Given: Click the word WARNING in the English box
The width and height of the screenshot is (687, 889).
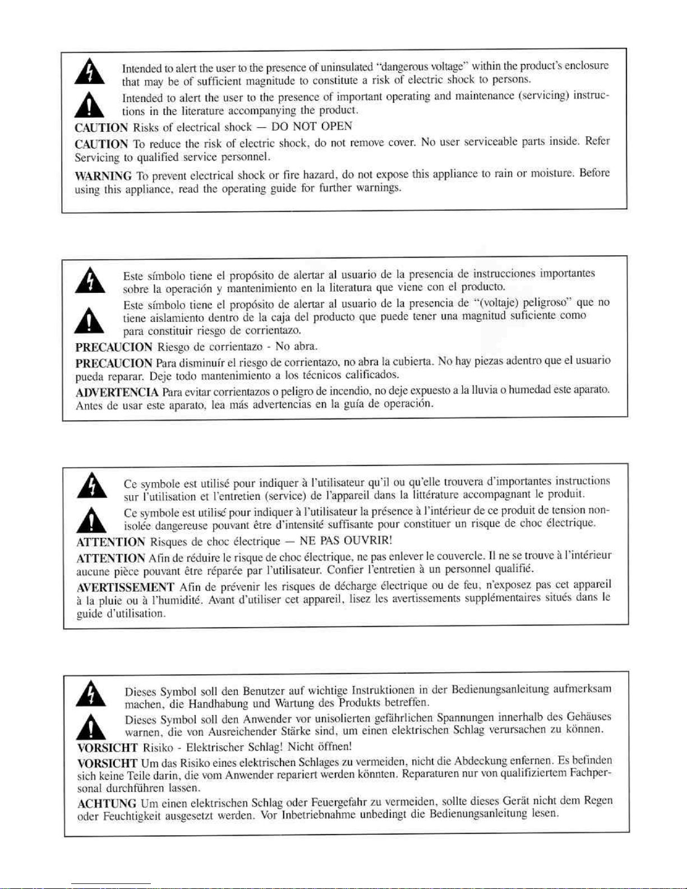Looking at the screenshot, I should coord(103,176).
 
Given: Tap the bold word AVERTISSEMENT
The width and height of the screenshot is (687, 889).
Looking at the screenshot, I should coord(126,588).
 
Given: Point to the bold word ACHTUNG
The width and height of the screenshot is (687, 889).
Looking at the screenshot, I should coord(107,804).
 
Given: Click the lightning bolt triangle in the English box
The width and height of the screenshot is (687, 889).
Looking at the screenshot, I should coord(90,73).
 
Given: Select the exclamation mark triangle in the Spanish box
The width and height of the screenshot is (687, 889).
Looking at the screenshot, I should coord(91,320).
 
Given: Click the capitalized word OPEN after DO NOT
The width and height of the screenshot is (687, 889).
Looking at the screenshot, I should coord(338,126).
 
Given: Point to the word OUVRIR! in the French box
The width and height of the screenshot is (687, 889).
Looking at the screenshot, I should coord(367,541).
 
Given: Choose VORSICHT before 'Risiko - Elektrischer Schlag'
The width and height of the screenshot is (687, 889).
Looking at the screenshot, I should coord(107,748).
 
